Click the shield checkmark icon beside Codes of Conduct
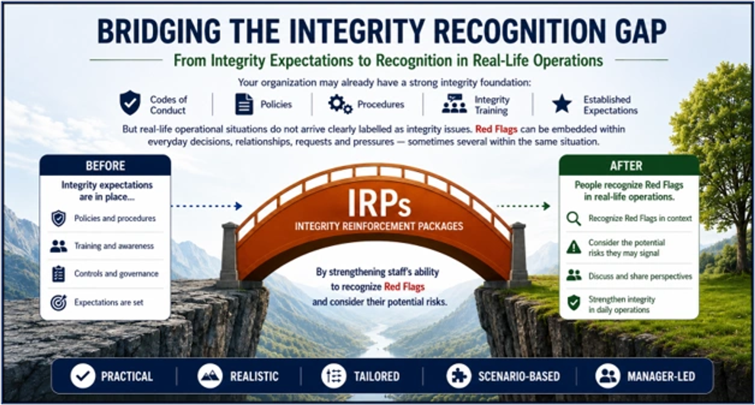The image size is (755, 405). pyautogui.click(x=130, y=103)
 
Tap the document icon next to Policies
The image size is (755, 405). pyautogui.click(x=244, y=104)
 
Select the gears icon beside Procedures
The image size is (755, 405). pyautogui.click(x=339, y=104)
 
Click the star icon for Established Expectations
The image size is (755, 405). pyautogui.click(x=562, y=104)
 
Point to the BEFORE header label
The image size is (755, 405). pyautogui.click(x=105, y=166)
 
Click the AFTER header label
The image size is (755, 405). pyautogui.click(x=626, y=166)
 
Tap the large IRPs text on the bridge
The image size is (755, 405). pyautogui.click(x=379, y=203)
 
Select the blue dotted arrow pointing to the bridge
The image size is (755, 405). pyautogui.click(x=207, y=206)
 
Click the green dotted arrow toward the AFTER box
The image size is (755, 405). pyautogui.click(x=523, y=206)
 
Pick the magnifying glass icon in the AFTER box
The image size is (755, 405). pyautogui.click(x=574, y=219)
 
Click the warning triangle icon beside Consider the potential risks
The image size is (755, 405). pyautogui.click(x=574, y=247)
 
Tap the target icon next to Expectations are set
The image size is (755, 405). pyautogui.click(x=59, y=303)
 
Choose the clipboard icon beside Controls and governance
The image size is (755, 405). pyautogui.click(x=59, y=274)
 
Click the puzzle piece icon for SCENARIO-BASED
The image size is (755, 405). pyautogui.click(x=459, y=376)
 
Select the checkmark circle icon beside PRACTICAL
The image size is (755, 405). pyautogui.click(x=83, y=376)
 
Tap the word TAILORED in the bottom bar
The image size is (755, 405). pyautogui.click(x=377, y=377)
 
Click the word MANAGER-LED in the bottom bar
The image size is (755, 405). pyautogui.click(x=661, y=377)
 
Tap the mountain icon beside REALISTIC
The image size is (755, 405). pyautogui.click(x=210, y=376)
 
